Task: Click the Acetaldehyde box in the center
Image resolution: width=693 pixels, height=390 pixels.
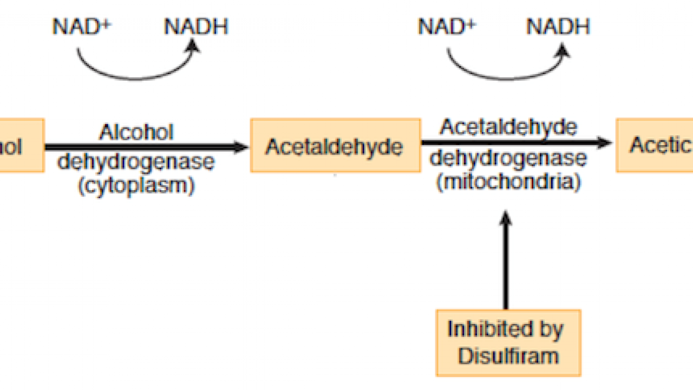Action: coord(335,146)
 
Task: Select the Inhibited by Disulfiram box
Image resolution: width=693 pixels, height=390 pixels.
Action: coord(508,343)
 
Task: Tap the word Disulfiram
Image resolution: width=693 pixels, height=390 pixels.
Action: coord(508,356)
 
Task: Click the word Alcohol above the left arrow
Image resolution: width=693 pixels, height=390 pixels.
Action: coord(136,132)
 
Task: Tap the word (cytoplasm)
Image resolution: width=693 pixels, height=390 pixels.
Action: coord(136,186)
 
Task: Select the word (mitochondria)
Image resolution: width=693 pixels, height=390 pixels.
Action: coord(508,181)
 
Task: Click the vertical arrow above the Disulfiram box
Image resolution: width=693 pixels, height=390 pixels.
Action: coord(506,260)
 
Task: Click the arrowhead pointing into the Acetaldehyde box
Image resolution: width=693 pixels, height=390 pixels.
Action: coord(241,146)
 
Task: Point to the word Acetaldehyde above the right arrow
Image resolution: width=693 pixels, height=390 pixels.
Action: coord(508,127)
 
